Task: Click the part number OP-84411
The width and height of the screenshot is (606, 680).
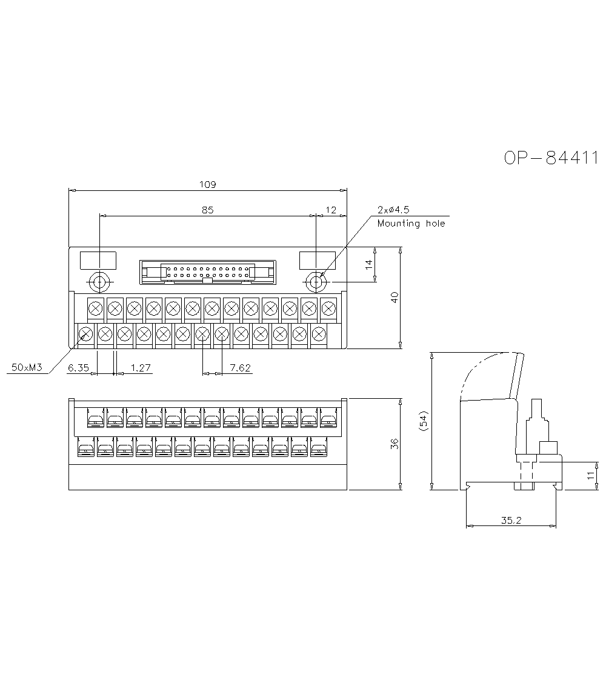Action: pos(551,158)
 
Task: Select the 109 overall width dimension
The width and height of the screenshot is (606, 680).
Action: pos(208,184)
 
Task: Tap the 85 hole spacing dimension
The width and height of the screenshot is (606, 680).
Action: pos(207,210)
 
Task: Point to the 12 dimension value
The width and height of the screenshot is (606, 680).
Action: pos(331,210)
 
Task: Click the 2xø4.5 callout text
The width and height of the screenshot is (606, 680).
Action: pos(393,210)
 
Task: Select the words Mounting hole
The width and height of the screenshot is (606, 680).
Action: pos(411,224)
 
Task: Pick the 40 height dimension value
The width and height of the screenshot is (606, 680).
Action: pos(395,298)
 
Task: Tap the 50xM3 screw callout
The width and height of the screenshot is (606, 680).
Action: pos(26,368)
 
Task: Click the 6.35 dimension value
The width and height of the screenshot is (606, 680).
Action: pos(78,368)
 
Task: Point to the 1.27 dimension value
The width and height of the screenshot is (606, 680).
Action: pos(141,368)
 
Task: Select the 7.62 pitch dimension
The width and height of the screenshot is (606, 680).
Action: pos(241,368)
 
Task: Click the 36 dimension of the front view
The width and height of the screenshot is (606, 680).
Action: pos(395,444)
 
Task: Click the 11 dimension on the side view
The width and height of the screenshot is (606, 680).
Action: pos(591,476)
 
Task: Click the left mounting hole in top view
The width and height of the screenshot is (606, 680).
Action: pos(98,282)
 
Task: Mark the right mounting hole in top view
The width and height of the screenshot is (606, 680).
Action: pos(316,282)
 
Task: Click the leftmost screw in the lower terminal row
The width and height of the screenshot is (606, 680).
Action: pos(85,333)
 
